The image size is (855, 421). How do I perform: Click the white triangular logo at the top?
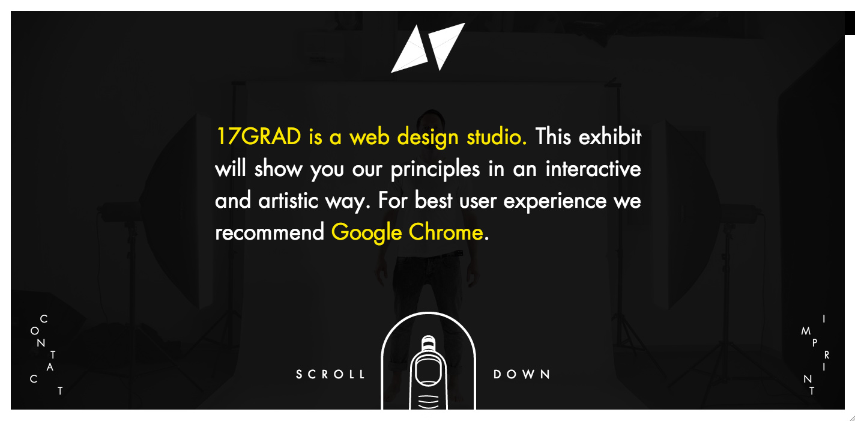[428, 47]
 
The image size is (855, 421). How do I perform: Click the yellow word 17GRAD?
[258, 137]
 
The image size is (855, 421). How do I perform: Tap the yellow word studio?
[497, 137]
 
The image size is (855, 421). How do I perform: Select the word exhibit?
[610, 137]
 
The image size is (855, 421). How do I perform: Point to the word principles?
[435, 170]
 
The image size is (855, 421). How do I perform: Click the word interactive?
[593, 169]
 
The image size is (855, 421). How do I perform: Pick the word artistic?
[288, 201]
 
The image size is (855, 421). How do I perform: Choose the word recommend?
[270, 232]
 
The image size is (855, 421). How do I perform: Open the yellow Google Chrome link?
[407, 233]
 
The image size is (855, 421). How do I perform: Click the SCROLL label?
[331, 374]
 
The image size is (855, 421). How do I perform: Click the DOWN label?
[522, 374]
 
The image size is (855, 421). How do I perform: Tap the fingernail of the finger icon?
[428, 369]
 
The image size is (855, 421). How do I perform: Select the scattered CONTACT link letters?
[46, 354]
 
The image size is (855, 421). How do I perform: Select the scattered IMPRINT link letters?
[815, 354]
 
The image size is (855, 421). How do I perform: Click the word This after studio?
[553, 137]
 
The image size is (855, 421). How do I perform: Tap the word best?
[434, 201]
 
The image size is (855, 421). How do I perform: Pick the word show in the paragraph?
[278, 169]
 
